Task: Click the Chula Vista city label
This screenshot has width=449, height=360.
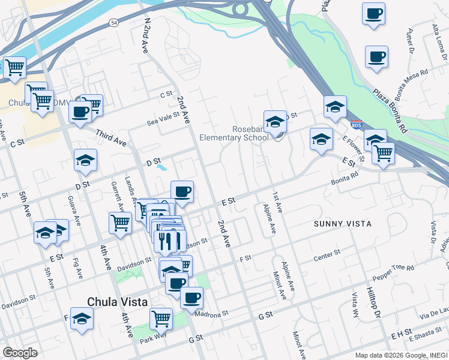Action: pyautogui.click(x=118, y=302)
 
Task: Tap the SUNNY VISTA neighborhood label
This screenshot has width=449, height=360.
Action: pyautogui.click(x=343, y=224)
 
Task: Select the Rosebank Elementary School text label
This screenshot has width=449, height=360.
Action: pyautogui.click(x=250, y=133)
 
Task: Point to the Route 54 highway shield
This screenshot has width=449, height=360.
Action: pyautogui.click(x=113, y=22)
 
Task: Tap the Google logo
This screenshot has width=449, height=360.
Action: pyautogui.click(x=20, y=353)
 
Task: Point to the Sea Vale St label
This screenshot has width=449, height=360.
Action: pyautogui.click(x=164, y=119)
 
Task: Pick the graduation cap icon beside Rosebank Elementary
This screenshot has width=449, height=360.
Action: pyautogui.click(x=275, y=121)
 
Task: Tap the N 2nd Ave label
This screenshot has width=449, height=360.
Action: pyautogui.click(x=146, y=35)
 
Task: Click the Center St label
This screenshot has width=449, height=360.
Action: pyautogui.click(x=327, y=259)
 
